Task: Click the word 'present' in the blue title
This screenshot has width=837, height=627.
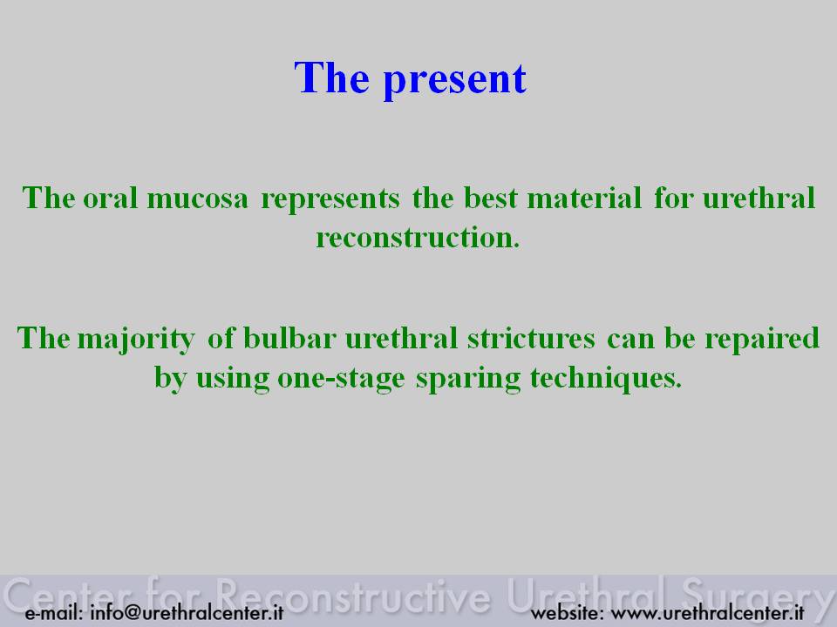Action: tap(455, 80)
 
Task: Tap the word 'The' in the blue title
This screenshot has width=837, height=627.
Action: tap(331, 78)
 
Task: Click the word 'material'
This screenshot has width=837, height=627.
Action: tap(584, 199)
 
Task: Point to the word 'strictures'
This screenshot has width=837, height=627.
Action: tap(531, 338)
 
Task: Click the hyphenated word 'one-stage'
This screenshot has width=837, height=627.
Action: tap(341, 380)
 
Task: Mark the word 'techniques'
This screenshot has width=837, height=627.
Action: tap(606, 380)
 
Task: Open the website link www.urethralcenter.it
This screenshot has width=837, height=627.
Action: tap(707, 612)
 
